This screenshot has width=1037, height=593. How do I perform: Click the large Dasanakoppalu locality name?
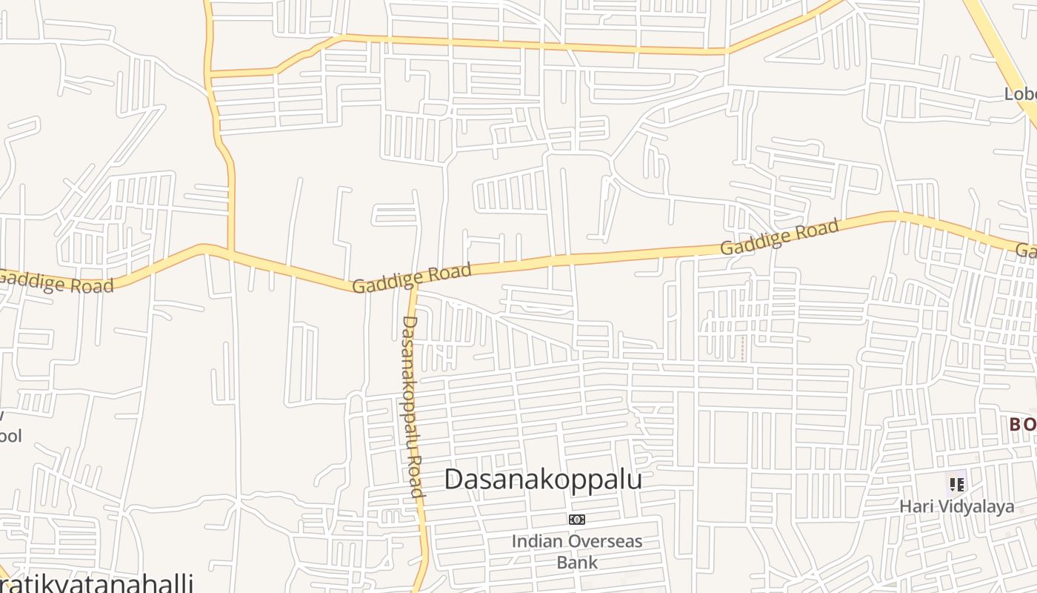543,480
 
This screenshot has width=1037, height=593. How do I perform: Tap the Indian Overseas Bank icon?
577,520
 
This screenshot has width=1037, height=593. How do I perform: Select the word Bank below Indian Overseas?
577,562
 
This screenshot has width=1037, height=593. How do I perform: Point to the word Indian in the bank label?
533,541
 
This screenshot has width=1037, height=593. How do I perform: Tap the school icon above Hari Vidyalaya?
957,485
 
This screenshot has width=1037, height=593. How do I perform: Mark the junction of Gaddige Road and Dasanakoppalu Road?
413,287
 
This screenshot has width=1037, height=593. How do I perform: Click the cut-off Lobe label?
1021,94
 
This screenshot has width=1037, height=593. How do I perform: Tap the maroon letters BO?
1023,425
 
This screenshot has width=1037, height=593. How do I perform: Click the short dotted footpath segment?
743,347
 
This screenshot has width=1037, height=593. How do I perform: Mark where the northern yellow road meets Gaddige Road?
230,251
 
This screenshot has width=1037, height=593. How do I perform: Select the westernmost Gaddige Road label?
56,282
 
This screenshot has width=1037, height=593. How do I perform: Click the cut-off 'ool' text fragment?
10,435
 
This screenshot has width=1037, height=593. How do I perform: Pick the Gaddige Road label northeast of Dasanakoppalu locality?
779,236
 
